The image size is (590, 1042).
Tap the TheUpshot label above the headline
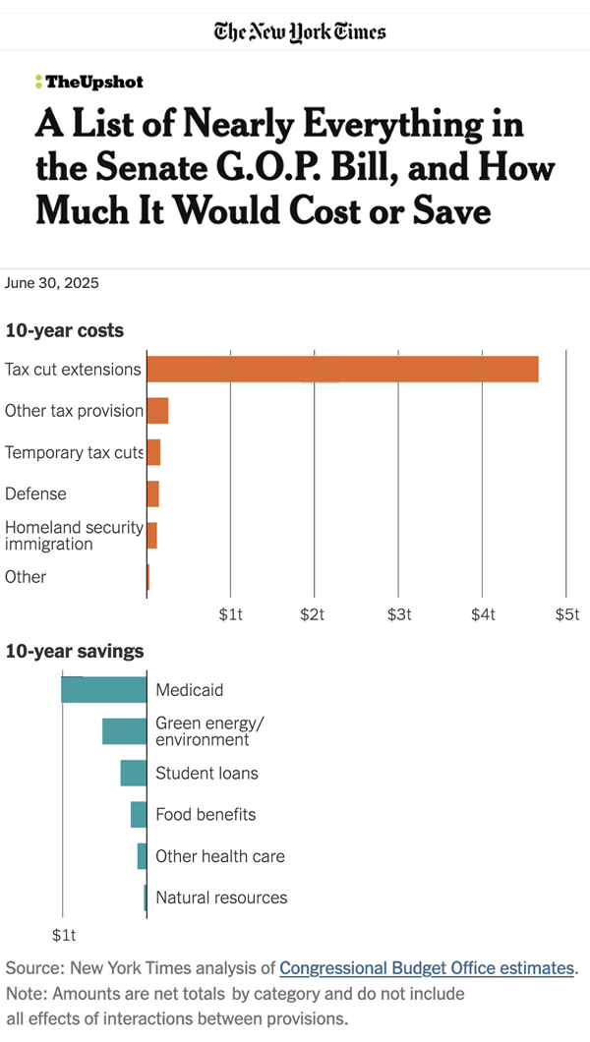point(88,83)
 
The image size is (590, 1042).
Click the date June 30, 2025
point(52,283)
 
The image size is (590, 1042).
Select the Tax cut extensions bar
point(342,369)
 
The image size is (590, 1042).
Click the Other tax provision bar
point(157,410)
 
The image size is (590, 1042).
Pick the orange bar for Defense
point(152,493)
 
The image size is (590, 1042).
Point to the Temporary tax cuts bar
point(153,452)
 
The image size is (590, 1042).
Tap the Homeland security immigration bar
point(151,536)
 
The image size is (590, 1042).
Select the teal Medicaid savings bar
point(103,689)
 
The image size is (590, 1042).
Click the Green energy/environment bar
point(124,731)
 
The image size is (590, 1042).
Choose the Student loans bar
point(134,773)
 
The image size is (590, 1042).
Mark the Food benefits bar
point(139,814)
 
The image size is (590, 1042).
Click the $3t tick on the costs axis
point(398,614)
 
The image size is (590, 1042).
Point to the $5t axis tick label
point(566,614)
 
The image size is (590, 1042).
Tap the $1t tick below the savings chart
point(63,934)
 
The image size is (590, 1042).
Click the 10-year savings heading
point(75,651)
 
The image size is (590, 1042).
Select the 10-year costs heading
point(65,330)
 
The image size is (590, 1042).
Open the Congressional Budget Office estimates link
point(427,968)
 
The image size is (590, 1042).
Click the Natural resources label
point(221,897)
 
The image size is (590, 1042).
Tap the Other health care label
point(220,856)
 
